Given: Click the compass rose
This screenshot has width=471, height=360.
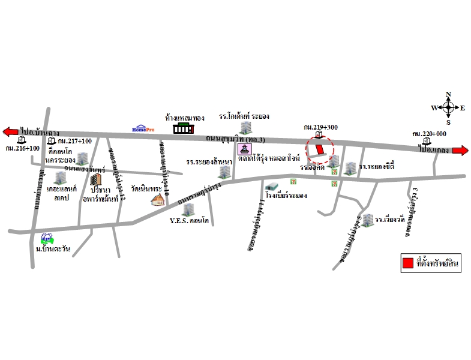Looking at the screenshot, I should (448, 108).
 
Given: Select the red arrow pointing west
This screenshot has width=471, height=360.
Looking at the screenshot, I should (10, 131).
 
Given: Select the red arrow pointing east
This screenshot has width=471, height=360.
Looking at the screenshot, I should (461, 151).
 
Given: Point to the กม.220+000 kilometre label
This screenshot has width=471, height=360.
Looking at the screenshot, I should (429, 134).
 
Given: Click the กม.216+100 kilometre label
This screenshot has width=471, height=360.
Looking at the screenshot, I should (22, 148).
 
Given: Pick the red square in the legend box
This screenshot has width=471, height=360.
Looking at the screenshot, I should (407, 263).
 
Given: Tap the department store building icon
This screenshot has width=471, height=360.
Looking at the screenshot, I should (184, 128).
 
